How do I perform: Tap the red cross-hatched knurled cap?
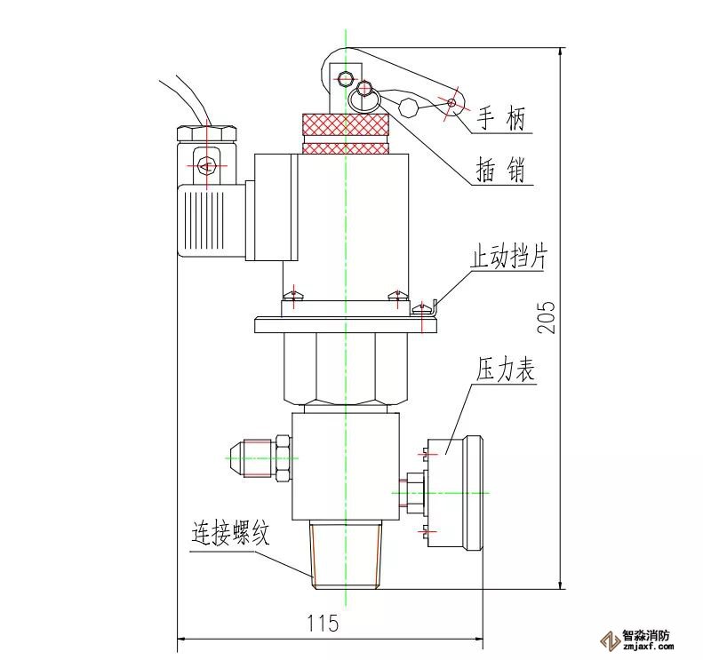tap(345, 132)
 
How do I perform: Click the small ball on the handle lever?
tap(408, 107)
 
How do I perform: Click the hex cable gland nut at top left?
tap(206, 134)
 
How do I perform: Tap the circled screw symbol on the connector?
tap(206, 165)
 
